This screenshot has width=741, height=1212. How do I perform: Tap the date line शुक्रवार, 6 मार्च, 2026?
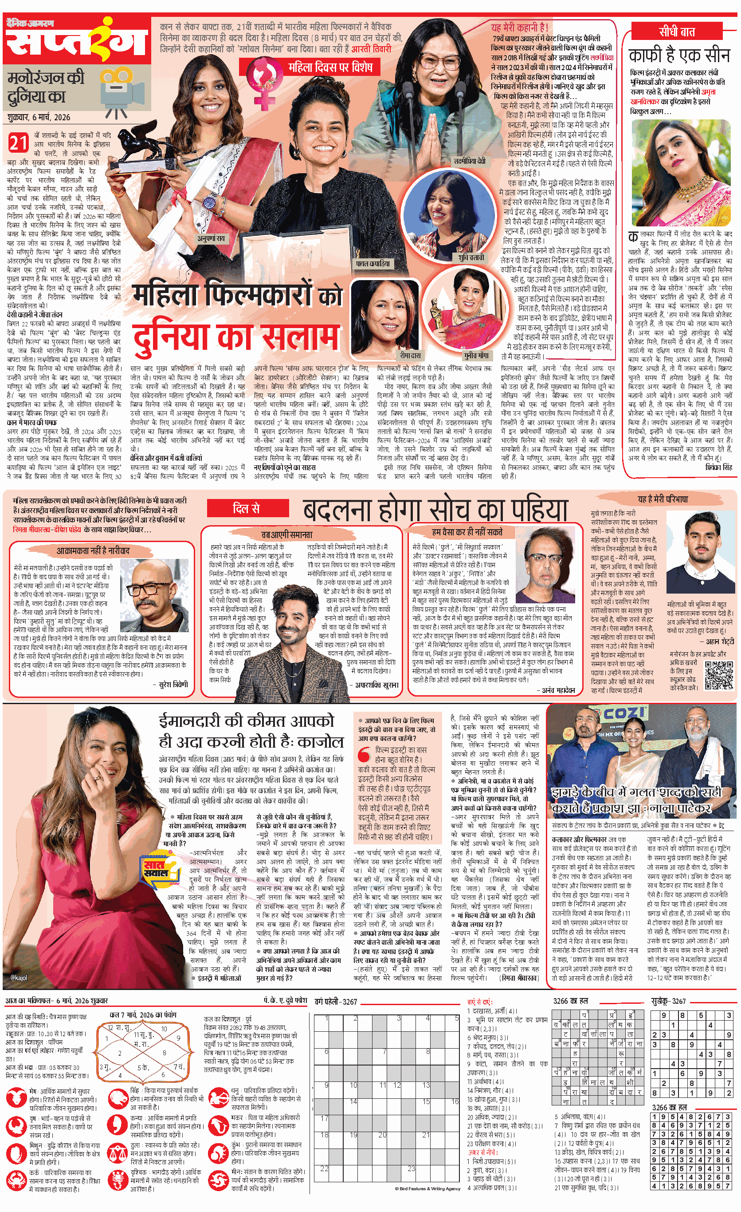(39, 117)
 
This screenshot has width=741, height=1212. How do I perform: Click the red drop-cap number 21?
(18, 143)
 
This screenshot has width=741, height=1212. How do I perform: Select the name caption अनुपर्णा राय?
(211, 238)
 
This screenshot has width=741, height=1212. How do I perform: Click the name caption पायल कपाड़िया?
(372, 264)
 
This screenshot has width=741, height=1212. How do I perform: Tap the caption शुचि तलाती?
(471, 257)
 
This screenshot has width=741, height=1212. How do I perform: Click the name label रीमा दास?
(410, 355)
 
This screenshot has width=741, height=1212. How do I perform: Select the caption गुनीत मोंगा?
(476, 355)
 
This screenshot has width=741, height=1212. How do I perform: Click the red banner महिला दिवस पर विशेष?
(330, 67)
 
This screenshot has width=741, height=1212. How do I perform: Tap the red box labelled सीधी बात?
(677, 32)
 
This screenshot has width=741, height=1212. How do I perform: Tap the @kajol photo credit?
(19, 978)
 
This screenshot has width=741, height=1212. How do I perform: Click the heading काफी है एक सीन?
(679, 55)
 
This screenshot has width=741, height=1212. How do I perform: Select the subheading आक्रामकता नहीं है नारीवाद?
(93, 551)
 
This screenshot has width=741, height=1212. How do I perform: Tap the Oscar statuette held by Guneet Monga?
(435, 314)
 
